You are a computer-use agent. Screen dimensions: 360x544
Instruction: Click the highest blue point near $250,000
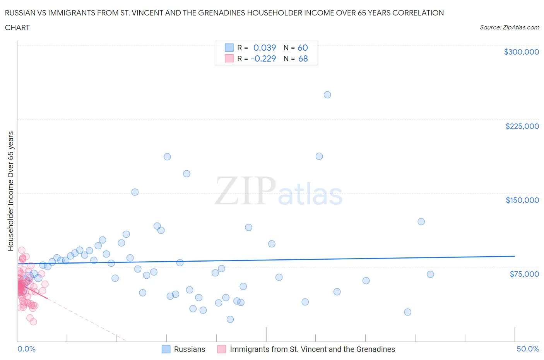coord(327,95)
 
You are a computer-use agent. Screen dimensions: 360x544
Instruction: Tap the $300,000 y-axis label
coord(521,52)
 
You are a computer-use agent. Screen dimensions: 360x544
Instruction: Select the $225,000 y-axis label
coord(522,126)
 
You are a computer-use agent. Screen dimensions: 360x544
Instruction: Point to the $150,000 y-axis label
coord(522,200)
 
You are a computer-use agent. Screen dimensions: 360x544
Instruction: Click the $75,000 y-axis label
coord(524,274)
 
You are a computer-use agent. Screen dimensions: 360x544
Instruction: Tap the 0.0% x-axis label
coord(26,349)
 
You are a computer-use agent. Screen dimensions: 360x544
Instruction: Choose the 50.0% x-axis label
coord(528,349)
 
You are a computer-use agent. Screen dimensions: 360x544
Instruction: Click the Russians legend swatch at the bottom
coord(166,349)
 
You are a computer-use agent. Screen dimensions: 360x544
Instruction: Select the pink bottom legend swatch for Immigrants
coord(222,349)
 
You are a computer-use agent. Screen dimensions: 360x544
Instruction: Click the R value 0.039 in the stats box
coord(265,48)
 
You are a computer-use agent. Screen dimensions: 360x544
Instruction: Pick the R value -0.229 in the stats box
coord(263,58)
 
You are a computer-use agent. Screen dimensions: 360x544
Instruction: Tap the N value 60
coord(303,48)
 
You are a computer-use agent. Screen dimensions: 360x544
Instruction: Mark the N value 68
coord(303,58)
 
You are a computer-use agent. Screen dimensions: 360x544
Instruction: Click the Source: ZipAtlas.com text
coord(509,27)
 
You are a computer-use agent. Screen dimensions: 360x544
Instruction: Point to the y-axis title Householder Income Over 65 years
coord(11,191)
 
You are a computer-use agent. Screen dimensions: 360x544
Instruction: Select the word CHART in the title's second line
coord(17,27)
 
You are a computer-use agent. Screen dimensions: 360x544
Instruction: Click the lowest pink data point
coord(33,322)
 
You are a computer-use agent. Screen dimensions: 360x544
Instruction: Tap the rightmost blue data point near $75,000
coord(430,274)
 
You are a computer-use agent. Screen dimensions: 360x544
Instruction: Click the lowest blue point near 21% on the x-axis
coord(230,319)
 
